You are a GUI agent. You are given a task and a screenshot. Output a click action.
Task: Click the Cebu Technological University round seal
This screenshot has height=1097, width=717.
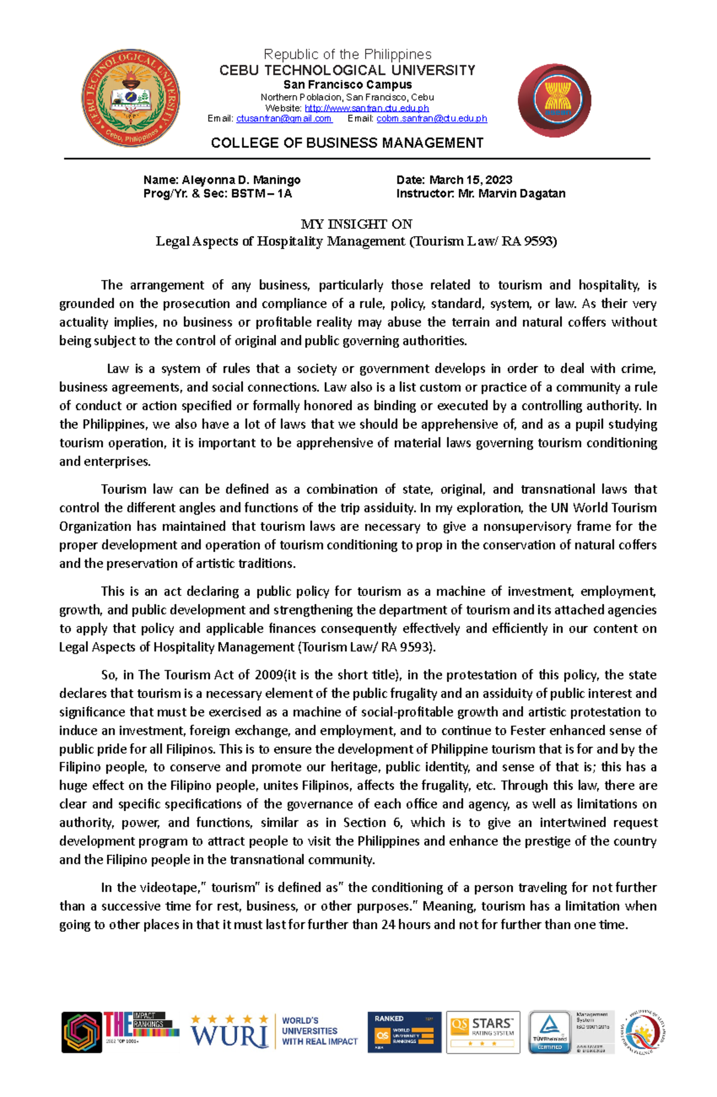click(x=130, y=99)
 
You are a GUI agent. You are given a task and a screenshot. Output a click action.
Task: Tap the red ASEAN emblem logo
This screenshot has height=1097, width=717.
click(x=554, y=100)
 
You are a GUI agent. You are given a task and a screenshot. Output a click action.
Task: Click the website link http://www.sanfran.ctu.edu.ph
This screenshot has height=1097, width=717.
click(x=367, y=108)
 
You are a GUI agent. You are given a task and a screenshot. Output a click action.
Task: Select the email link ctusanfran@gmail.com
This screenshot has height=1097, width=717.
click(x=284, y=118)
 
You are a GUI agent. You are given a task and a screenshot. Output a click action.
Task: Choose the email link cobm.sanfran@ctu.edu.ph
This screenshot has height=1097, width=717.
click(x=431, y=118)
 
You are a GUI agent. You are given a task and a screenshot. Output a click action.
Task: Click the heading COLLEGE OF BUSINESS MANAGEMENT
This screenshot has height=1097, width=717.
click(x=347, y=143)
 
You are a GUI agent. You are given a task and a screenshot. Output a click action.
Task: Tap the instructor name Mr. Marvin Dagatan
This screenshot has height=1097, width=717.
click(x=511, y=194)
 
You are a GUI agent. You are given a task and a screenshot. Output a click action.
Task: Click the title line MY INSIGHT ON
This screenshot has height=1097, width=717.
click(x=356, y=224)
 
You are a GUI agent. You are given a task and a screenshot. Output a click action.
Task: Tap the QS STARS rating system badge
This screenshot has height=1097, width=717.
click(x=483, y=1032)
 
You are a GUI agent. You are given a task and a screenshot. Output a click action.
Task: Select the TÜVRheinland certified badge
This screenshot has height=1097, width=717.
click(x=549, y=1032)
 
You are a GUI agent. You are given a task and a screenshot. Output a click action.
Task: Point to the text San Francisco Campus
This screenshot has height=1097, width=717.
click(x=347, y=85)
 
